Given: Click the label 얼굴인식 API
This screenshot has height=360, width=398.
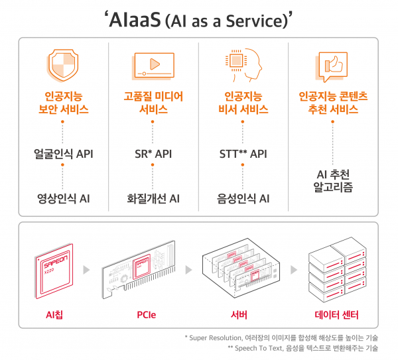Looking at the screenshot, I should (64, 154).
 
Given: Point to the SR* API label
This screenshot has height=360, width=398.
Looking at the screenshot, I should (153, 154).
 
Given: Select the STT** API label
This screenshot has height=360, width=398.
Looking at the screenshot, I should (243, 154).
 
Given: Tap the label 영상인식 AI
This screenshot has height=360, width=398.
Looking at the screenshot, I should (64, 198).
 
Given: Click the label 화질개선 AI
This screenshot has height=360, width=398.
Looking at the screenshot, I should (153, 198).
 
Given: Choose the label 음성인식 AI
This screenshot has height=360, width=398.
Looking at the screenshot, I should (243, 198).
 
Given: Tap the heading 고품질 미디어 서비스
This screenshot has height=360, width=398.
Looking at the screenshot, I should (153, 103).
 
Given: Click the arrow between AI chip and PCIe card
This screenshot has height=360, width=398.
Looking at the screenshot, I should (85, 270).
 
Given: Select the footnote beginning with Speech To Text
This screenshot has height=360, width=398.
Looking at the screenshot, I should (302, 349).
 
